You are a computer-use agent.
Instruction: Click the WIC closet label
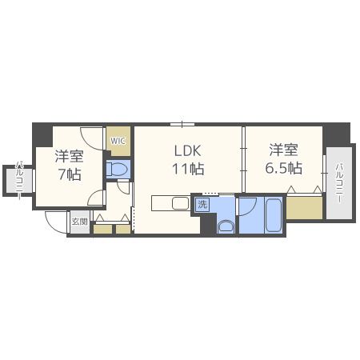click(118, 141)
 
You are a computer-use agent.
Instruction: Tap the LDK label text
click(187, 151)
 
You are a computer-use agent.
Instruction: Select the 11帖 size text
click(188, 169)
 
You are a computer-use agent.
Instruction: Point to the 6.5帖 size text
click(283, 168)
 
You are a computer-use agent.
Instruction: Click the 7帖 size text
click(70, 174)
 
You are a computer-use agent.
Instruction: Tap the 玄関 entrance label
click(80, 222)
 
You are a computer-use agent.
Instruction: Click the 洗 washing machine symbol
click(202, 205)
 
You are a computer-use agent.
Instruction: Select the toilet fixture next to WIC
click(118, 169)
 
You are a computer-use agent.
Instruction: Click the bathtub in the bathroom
click(274, 215)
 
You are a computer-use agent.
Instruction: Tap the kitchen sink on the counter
click(181, 203)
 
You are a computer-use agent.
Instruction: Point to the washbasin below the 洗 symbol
click(226, 227)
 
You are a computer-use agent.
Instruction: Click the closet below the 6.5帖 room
click(305, 208)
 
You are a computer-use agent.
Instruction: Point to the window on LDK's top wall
click(182, 124)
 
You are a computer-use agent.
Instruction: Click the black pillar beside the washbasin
click(208, 223)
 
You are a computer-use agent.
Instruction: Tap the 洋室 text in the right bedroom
click(283, 150)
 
